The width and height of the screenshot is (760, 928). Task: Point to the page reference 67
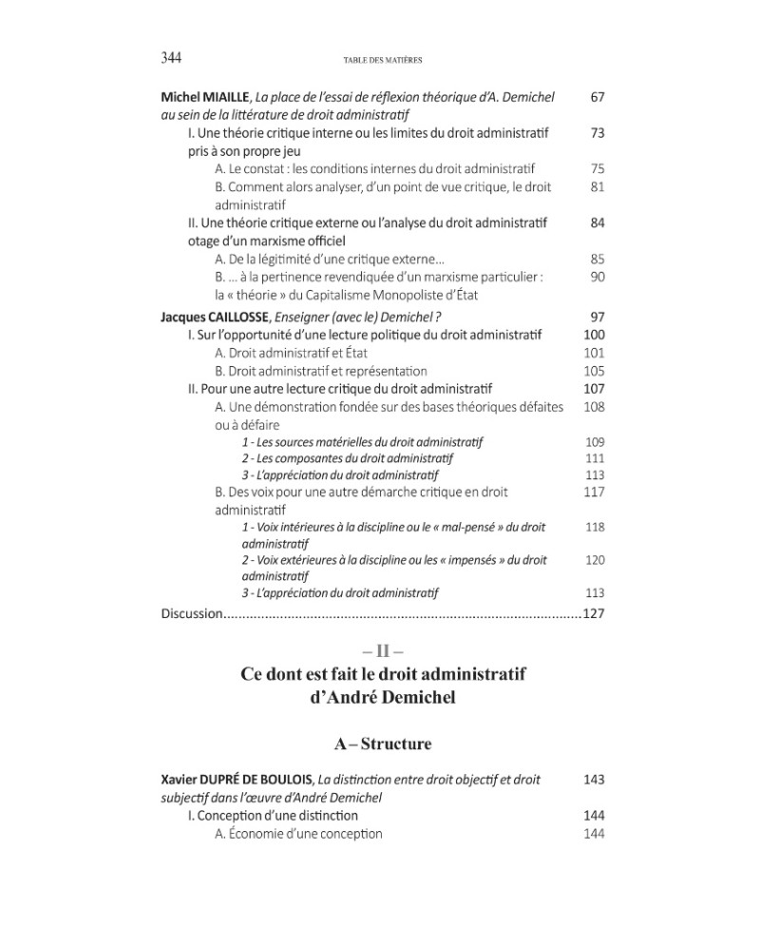pos(597,97)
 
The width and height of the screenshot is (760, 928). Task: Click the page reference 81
pos(597,187)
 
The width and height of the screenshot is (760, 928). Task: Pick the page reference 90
pos(597,277)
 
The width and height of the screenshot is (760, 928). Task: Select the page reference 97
pos(597,317)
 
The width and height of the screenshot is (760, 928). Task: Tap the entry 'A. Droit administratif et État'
pos(294,353)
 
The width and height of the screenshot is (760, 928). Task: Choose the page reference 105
pos(594,371)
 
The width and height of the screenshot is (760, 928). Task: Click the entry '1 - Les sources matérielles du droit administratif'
pos(362,442)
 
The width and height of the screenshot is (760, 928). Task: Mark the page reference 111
pos(595,458)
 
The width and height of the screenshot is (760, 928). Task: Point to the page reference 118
pos(595,527)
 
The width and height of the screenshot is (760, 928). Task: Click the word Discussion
pos(191,613)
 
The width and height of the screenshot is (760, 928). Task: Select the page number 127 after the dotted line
pos(594,613)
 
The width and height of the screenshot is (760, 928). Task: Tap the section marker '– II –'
pos(383,651)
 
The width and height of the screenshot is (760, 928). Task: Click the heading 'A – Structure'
pos(383,743)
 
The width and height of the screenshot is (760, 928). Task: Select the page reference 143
pos(594,780)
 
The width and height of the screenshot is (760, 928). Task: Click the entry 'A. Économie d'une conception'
pos(298,834)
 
